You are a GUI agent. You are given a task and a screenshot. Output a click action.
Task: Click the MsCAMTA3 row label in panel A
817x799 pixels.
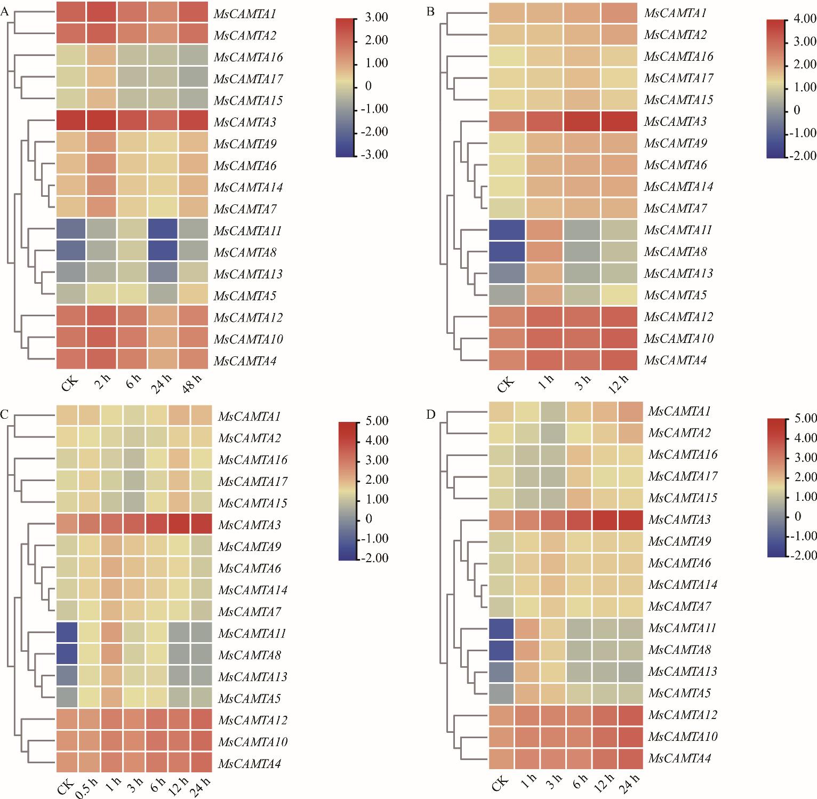(245, 123)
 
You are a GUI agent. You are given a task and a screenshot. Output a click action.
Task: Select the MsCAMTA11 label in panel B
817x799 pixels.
(678, 230)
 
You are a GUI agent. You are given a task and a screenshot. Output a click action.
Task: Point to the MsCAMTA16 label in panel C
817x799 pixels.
(253, 460)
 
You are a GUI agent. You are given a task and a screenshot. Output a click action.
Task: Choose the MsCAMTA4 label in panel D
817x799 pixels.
(679, 758)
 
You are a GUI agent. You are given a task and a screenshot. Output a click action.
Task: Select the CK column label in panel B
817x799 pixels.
(506, 383)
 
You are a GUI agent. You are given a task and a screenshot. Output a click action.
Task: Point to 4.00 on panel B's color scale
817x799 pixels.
(805, 19)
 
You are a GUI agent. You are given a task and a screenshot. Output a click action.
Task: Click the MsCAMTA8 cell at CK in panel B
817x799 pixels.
(507, 252)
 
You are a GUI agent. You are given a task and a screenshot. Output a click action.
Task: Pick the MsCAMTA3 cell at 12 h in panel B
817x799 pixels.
(619, 122)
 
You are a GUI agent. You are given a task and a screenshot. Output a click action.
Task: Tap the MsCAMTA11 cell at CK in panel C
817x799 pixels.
(67, 633)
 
